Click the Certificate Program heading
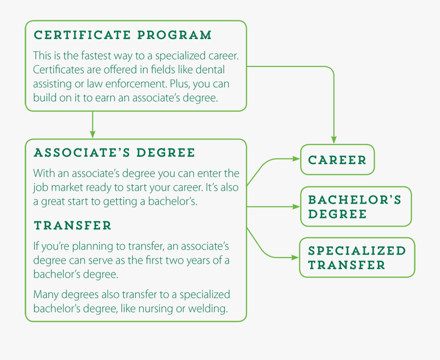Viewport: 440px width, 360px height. [x=122, y=35]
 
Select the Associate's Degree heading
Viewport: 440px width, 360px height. [x=114, y=153]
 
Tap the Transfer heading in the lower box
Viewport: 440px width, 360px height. [x=72, y=226]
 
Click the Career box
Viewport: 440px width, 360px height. [x=337, y=160]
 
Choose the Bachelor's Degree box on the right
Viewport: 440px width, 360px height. [x=355, y=207]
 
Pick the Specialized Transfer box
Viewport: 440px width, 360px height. [x=357, y=258]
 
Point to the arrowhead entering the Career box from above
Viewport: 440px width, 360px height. [x=334, y=141]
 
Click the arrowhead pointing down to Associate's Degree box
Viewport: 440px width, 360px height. [x=92, y=134]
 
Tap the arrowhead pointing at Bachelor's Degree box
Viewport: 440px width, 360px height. [x=296, y=207]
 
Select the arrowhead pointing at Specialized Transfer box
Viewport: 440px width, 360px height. [x=296, y=257]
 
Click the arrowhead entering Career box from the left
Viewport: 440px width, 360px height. [x=296, y=159]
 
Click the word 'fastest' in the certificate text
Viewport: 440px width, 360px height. [x=98, y=55]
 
